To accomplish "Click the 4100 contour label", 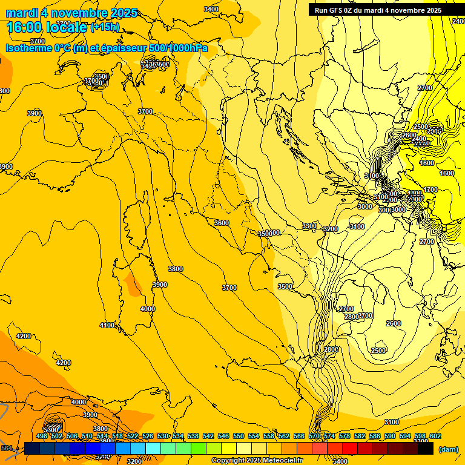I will (107, 326).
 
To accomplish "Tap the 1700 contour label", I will (430, 190).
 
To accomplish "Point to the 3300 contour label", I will (309, 226).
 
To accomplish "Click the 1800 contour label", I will (415, 194).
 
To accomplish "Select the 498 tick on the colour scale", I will (42, 436).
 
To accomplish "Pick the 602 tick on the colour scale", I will (435, 436).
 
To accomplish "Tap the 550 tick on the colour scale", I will (239, 436).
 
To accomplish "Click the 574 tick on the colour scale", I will (329, 436).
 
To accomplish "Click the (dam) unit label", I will (448, 449).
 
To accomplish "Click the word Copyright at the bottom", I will (228, 461).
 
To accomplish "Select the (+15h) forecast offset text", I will (105, 27).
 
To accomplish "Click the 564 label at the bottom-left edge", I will (6, 448).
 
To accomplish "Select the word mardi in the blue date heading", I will (22, 13).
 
